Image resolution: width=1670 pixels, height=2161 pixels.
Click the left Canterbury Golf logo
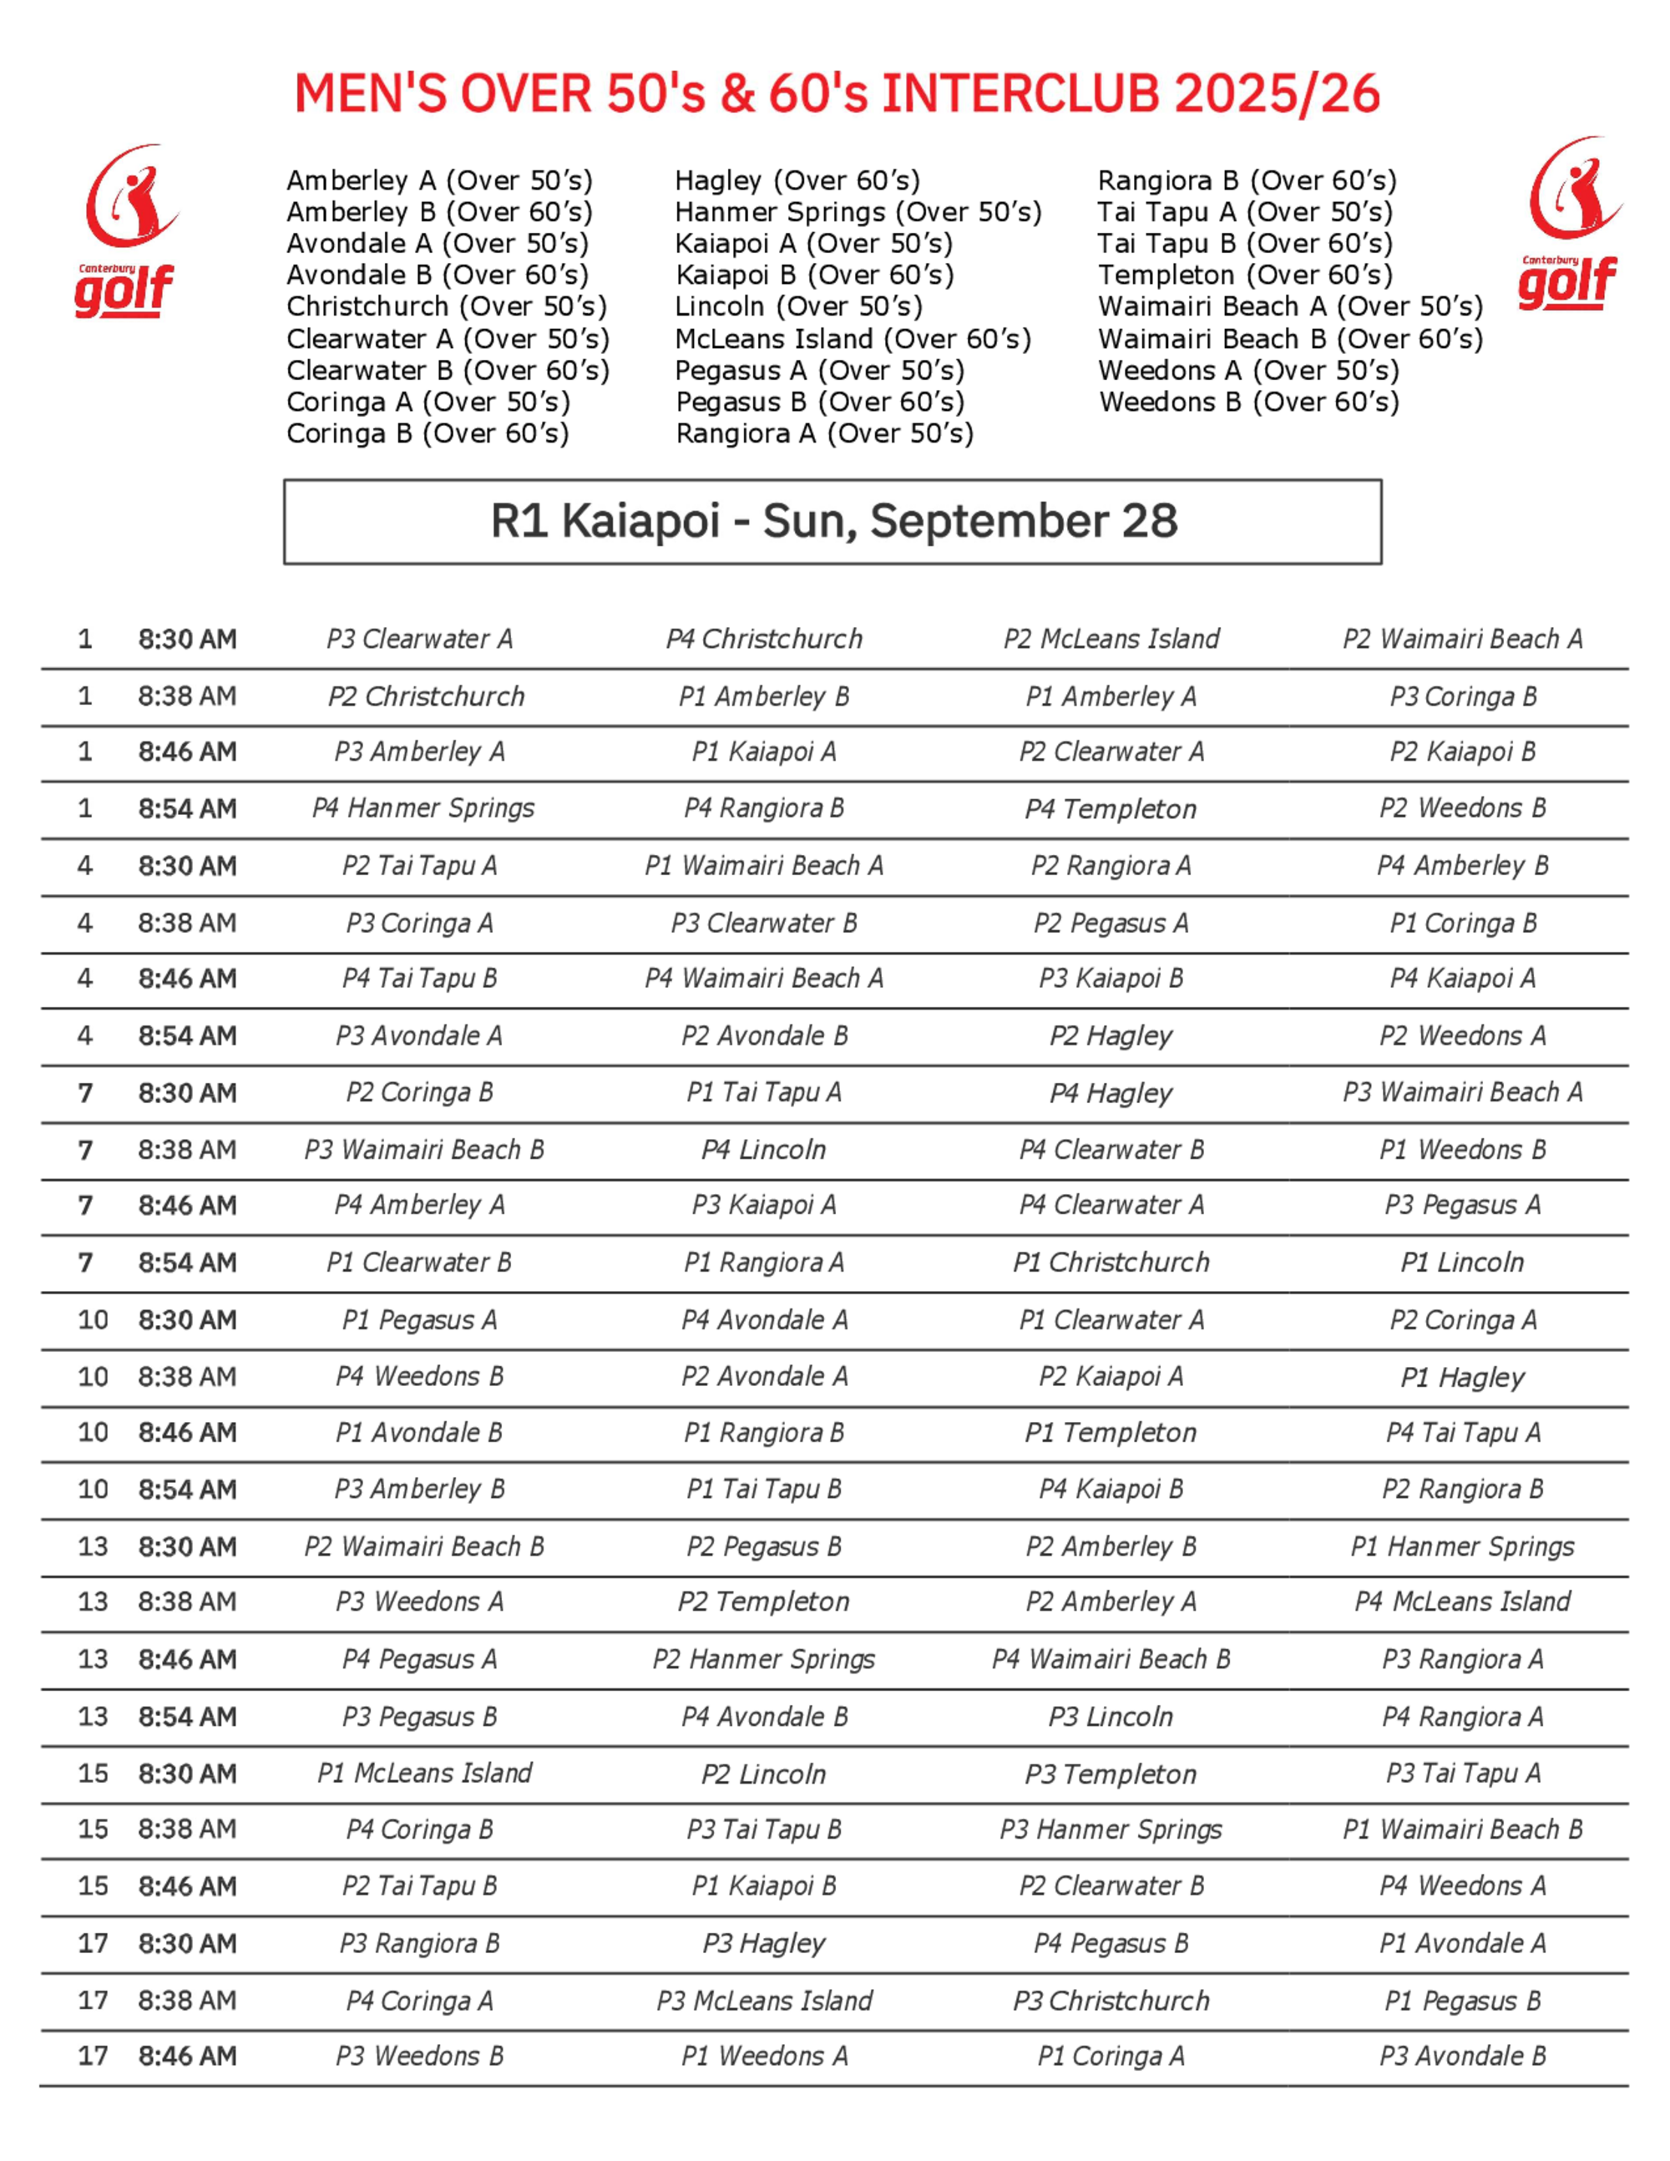click(127, 231)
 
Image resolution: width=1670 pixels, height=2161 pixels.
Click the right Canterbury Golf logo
click(1570, 224)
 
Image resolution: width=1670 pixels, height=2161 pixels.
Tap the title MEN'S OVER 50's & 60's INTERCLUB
click(836, 94)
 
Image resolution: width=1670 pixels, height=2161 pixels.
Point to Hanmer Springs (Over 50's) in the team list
click(858, 212)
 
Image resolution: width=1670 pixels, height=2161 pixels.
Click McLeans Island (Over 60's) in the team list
click(853, 338)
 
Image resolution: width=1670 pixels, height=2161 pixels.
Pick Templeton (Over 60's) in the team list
click(1245, 275)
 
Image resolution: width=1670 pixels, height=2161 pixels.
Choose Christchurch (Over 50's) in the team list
click(446, 306)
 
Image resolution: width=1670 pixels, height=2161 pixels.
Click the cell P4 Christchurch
click(764, 639)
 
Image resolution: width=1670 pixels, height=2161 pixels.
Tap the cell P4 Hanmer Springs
click(423, 808)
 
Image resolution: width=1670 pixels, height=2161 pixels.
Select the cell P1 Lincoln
click(1462, 1263)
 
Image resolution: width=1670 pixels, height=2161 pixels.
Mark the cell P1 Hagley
click(1462, 1376)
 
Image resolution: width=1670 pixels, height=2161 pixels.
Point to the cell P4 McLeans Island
click(1462, 1602)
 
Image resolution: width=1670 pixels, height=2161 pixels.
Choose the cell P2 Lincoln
click(764, 1774)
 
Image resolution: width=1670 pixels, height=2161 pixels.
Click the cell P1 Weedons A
click(764, 2056)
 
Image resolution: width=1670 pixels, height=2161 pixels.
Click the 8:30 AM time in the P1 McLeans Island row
click(187, 1774)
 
